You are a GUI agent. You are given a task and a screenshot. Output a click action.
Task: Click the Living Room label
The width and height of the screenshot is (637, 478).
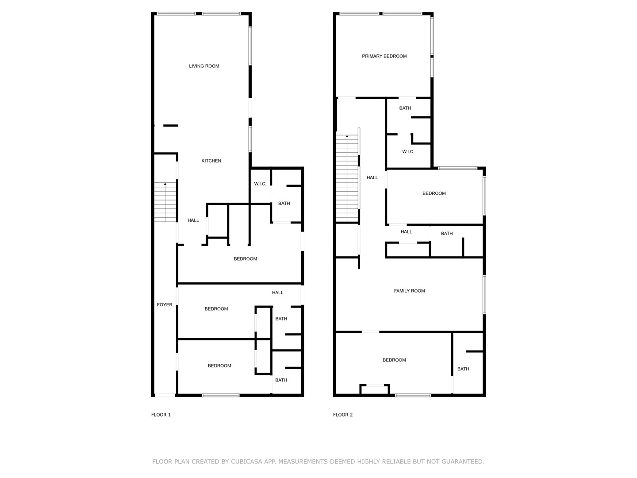tap(204, 66)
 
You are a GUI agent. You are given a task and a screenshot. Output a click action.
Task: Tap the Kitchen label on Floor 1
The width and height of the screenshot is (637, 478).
tap(211, 161)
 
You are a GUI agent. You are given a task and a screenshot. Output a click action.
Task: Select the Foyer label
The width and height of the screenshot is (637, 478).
tap(165, 305)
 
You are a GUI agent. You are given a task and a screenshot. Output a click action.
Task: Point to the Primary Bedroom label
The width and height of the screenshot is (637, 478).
tap(384, 56)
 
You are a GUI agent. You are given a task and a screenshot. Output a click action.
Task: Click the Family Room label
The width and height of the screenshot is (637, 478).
tap(409, 291)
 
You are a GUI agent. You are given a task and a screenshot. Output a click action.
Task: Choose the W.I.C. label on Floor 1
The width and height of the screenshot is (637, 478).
tap(260, 184)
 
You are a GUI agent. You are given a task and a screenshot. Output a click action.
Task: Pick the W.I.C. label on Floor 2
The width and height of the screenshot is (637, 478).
tap(408, 152)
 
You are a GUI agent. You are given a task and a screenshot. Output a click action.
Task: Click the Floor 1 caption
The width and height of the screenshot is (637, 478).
tap(161, 415)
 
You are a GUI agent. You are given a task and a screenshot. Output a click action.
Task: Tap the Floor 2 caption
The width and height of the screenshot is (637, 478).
tap(343, 415)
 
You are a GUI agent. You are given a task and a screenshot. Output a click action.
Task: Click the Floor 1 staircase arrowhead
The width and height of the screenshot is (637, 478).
tap(165, 184)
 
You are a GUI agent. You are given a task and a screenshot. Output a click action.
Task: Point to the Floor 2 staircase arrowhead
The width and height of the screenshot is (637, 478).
tap(347, 136)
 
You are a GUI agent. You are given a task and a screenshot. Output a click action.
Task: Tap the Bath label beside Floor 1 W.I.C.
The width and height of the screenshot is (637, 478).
tap(284, 204)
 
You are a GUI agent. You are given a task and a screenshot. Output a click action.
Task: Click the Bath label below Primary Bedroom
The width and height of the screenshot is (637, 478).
tap(405, 108)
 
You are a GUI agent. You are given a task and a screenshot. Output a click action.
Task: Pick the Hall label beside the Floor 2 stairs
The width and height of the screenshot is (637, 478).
tap(372, 177)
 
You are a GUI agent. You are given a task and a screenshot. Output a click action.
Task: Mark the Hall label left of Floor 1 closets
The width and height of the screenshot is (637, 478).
tap(193, 220)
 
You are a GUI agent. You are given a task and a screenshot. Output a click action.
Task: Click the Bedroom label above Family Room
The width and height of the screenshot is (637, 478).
tap(434, 193)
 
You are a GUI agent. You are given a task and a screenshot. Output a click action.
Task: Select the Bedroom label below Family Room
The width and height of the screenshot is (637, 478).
tap(394, 360)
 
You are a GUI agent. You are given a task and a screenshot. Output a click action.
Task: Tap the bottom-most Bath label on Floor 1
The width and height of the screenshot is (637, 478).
tap(281, 380)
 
